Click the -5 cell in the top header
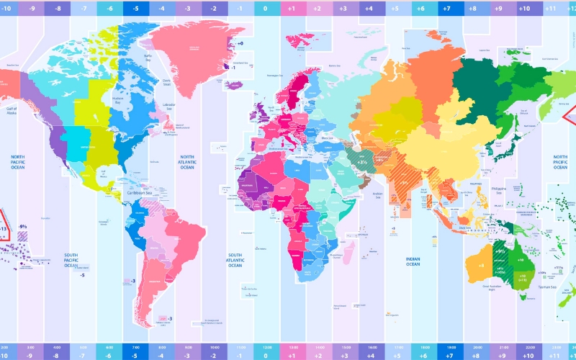click(135, 9)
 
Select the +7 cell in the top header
click(446, 9)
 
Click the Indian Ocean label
click(413, 261)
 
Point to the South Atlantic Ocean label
click(235, 260)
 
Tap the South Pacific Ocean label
click(71, 260)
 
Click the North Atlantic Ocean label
click(187, 162)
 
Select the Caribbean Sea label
click(140, 193)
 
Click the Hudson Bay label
click(120, 102)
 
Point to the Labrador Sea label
click(170, 106)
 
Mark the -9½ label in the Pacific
click(23, 225)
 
